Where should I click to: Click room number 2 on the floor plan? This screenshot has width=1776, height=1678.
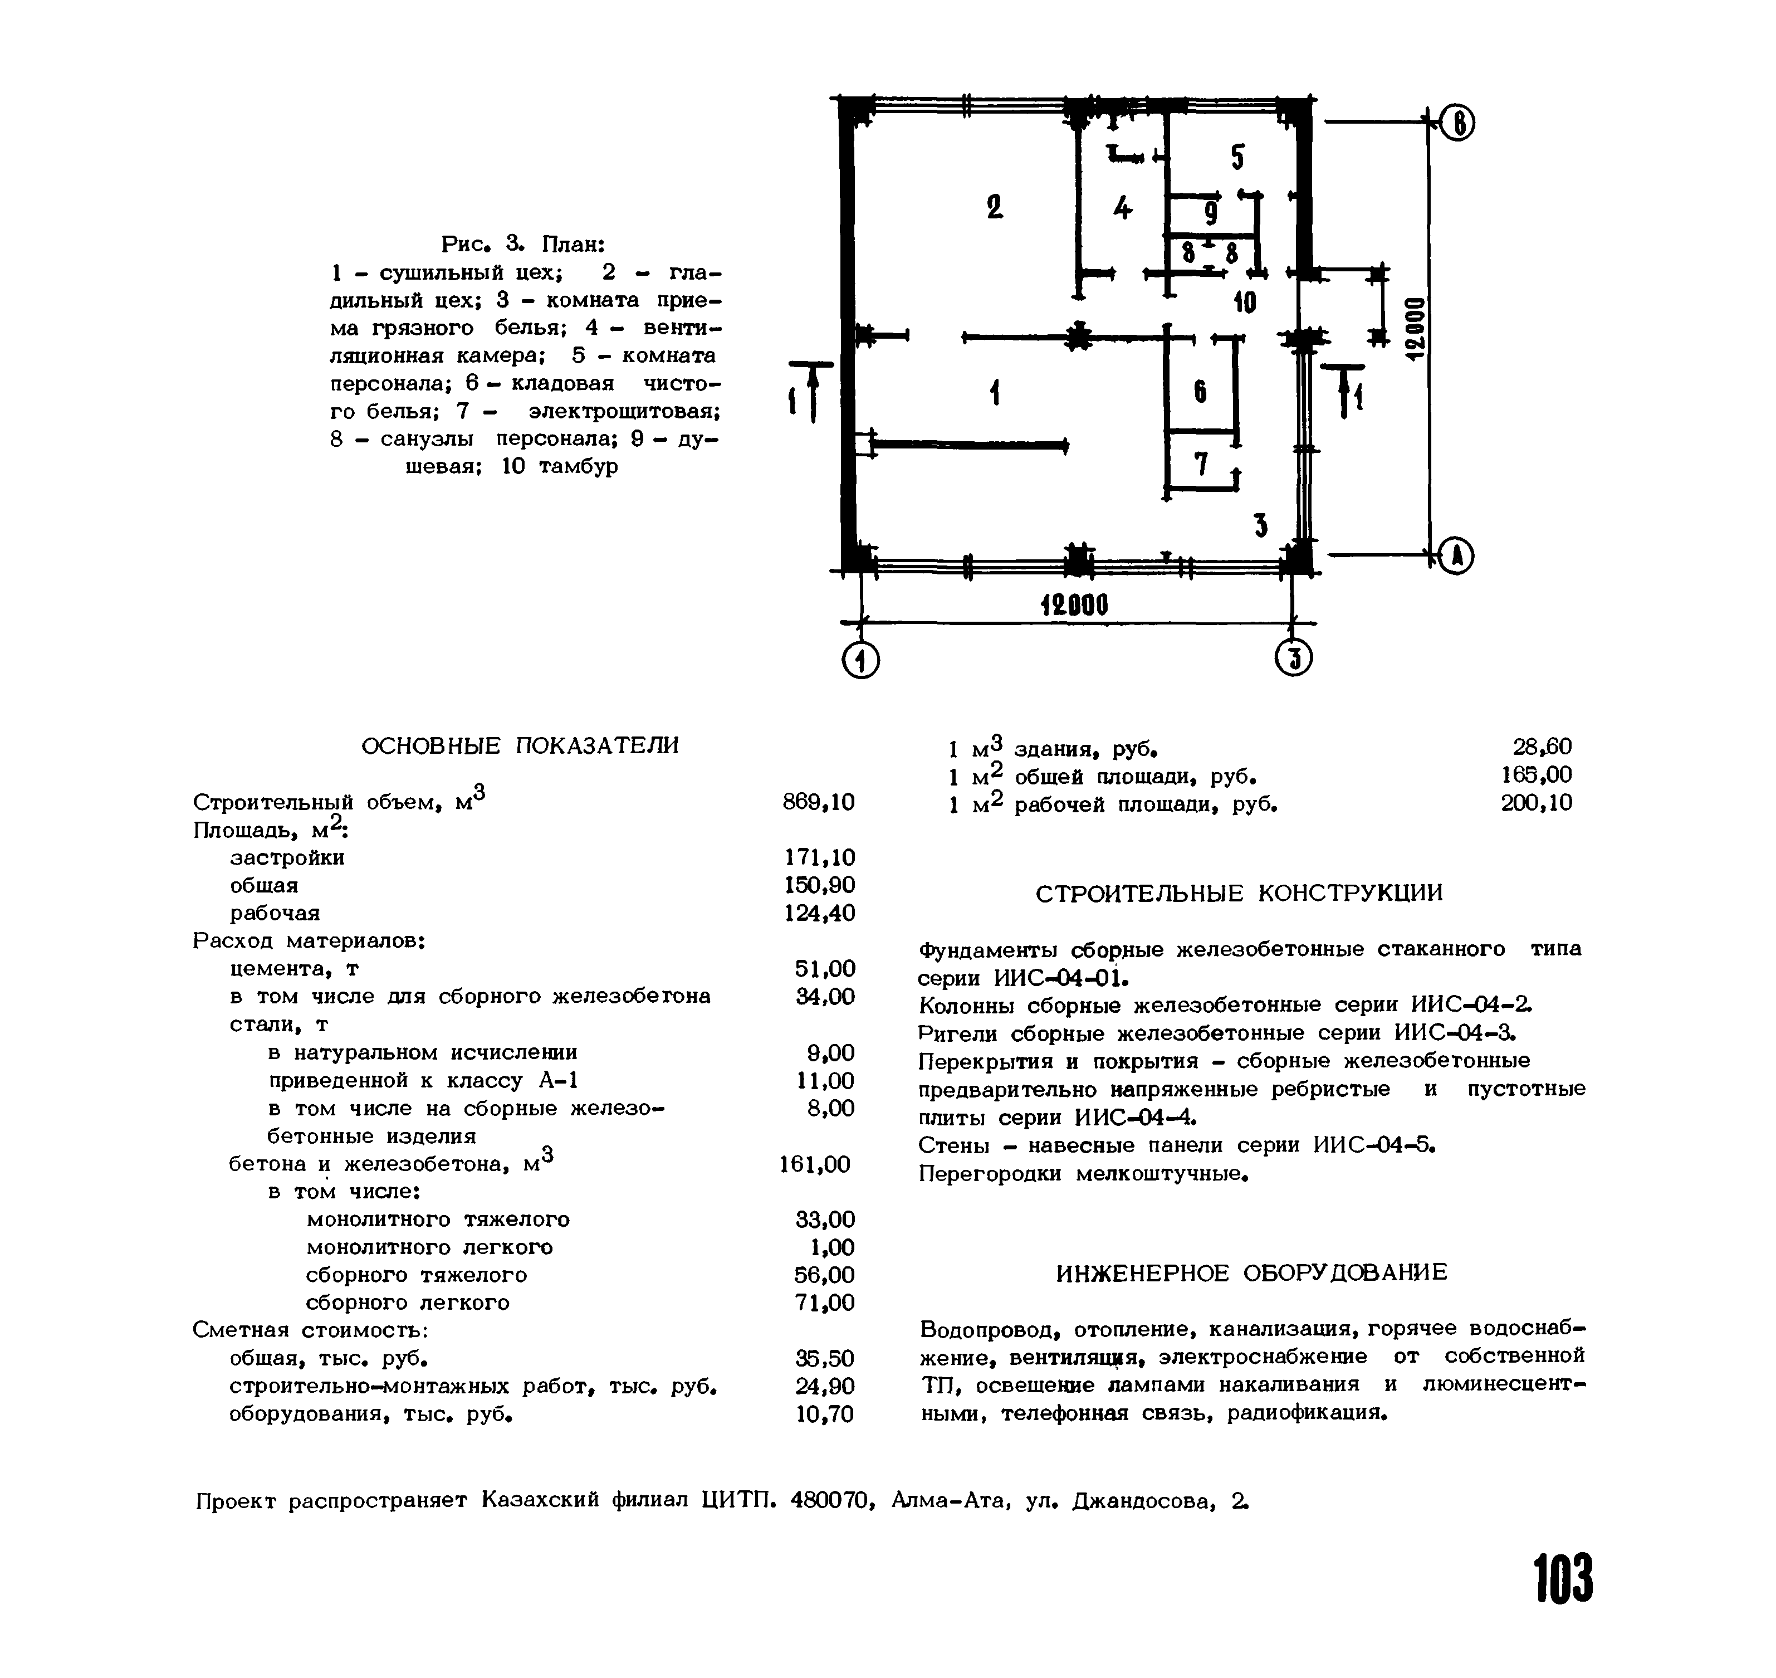tap(995, 207)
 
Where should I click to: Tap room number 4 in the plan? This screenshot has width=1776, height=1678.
tap(1122, 208)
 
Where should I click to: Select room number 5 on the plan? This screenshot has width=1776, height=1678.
tap(1237, 158)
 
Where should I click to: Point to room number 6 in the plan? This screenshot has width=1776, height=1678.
tap(1200, 391)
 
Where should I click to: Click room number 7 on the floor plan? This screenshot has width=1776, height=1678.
tap(1201, 464)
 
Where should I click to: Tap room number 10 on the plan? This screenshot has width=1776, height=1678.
tap(1245, 303)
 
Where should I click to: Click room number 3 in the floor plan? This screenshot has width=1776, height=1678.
tap(1261, 525)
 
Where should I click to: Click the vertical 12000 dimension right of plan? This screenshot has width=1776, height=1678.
tap(1414, 328)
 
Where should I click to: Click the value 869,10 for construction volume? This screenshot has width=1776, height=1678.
tap(818, 802)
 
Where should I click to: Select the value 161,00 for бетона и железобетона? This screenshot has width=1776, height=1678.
tap(815, 1164)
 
